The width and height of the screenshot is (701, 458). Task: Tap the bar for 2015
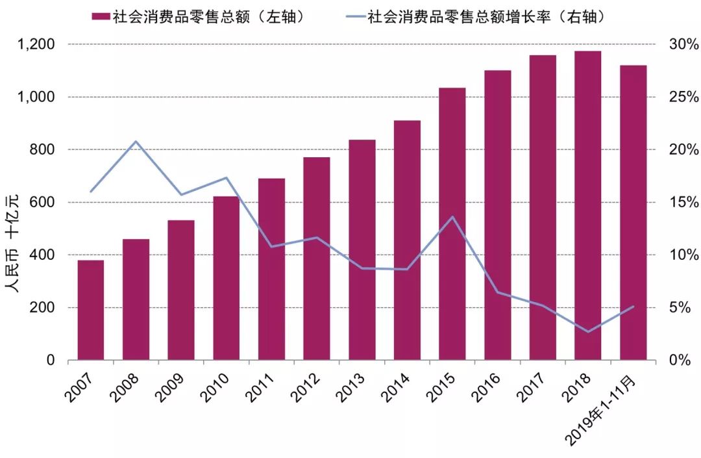452,223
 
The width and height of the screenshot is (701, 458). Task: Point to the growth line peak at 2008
136,141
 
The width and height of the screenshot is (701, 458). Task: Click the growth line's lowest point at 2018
588,331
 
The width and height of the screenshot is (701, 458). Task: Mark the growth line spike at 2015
452,216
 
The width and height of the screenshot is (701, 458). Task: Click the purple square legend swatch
101,17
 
